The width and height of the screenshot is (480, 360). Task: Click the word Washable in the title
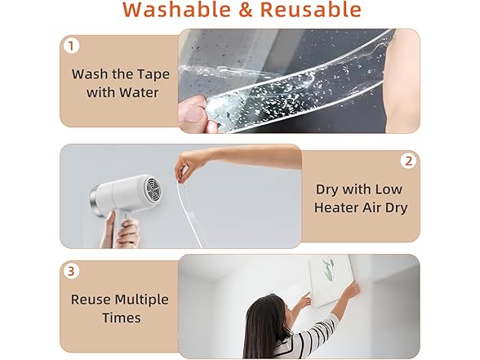tap(177, 10)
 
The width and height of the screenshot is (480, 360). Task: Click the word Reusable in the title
tap(311, 10)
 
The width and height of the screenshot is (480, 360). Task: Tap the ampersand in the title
tap(246, 10)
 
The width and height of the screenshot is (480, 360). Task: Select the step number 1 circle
tap(72, 46)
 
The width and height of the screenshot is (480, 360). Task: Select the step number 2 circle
tap(409, 161)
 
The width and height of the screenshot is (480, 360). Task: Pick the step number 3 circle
tap(71, 271)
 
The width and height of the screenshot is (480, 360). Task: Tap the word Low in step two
tap(389, 189)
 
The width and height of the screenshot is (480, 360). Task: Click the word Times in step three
tap(122, 318)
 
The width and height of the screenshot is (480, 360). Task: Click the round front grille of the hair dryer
tap(154, 189)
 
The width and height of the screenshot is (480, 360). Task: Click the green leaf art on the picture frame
tap(328, 264)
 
